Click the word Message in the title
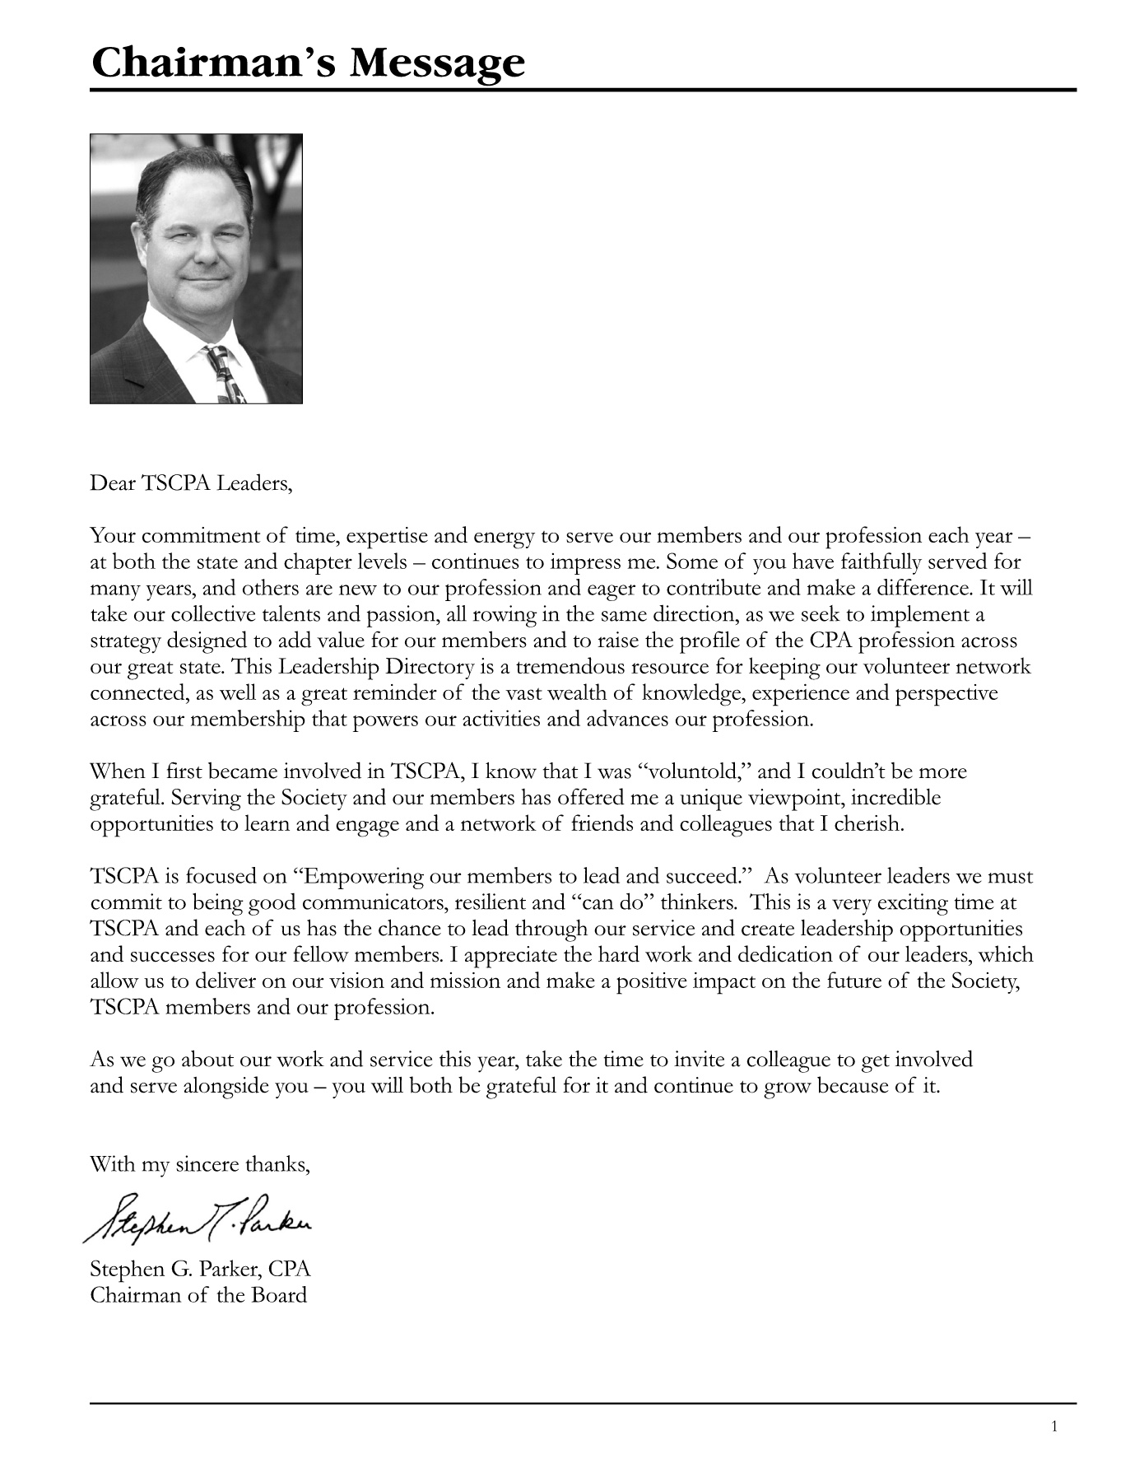click(437, 63)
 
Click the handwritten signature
click(198, 1217)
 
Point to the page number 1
click(1054, 1427)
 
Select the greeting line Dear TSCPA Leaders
click(191, 483)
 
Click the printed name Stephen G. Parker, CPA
click(200, 1269)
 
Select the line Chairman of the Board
click(198, 1295)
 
